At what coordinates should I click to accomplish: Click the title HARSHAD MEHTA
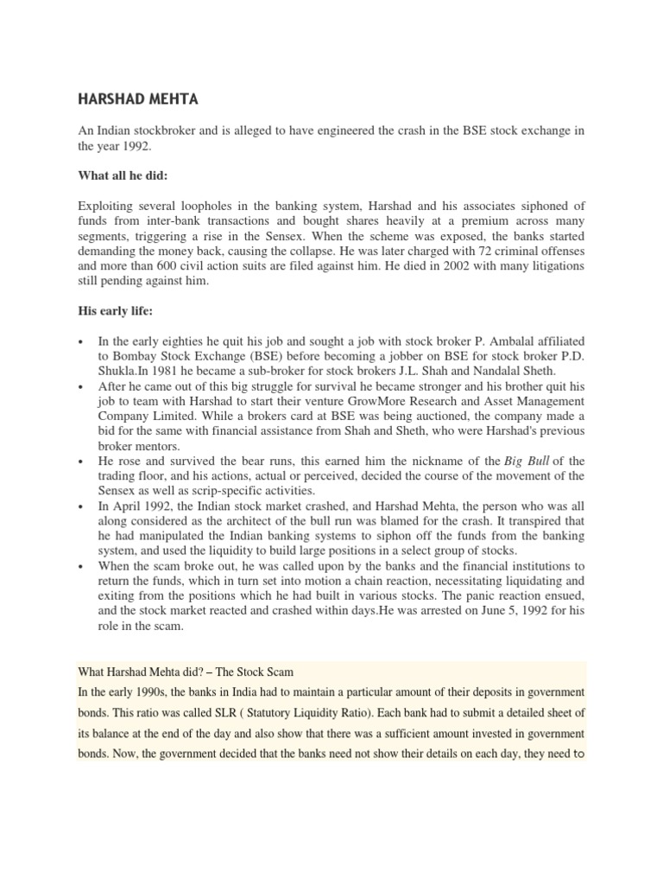pyautogui.click(x=138, y=99)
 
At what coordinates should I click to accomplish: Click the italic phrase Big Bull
pyautogui.click(x=527, y=462)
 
